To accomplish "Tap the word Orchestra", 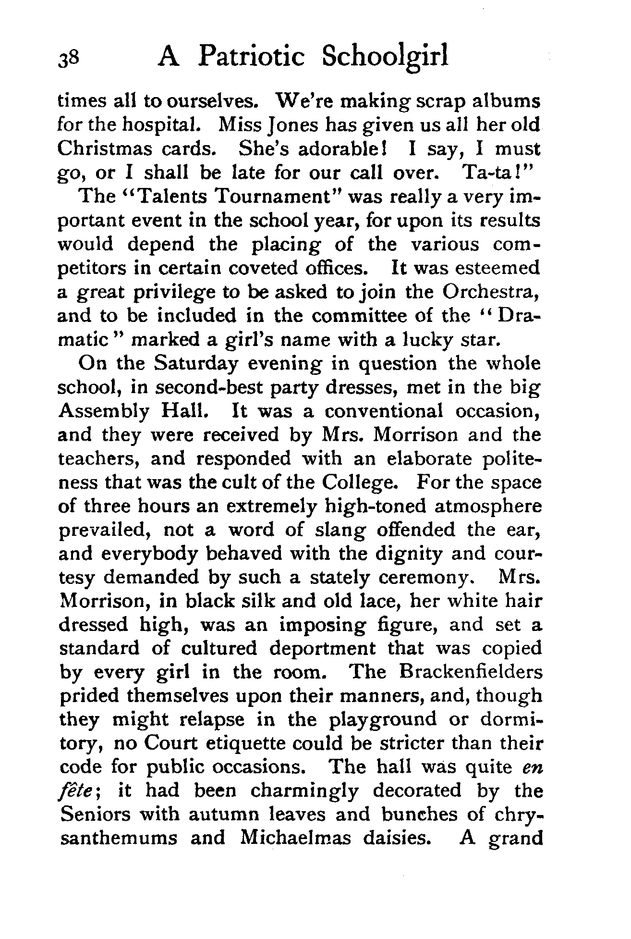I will pyautogui.click(x=490, y=292).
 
